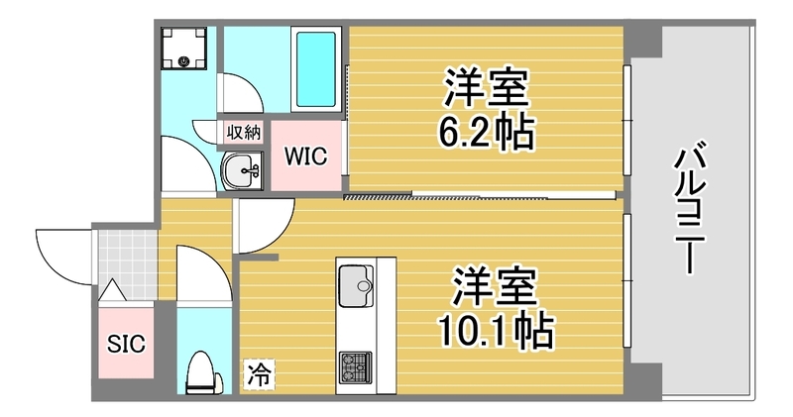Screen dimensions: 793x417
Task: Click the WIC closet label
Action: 306,156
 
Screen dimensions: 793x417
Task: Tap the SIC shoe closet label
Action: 126,344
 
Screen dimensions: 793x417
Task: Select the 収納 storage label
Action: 244,133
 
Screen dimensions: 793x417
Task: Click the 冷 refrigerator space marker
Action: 259,374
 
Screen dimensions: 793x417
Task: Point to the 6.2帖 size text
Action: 486,132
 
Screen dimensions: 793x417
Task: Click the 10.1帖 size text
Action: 496,331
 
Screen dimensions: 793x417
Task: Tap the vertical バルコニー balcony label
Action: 689,208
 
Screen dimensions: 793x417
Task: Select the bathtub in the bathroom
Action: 316,69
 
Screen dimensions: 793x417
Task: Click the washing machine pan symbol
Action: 183,48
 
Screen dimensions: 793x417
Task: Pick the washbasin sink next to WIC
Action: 243,170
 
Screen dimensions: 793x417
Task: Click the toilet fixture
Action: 204,372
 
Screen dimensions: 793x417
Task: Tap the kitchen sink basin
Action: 356,286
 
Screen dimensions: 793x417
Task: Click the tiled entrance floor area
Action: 127,264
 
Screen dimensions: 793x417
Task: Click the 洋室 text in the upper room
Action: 486,88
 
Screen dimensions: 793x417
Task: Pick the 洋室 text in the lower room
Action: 494,286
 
